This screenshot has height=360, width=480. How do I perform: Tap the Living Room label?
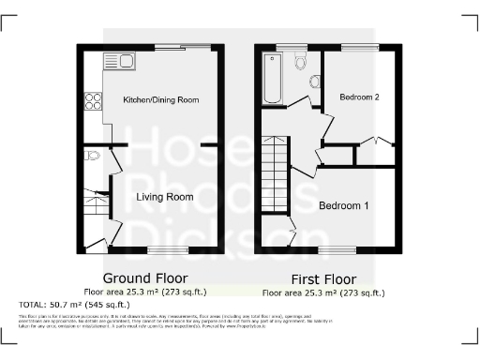click(x=164, y=197)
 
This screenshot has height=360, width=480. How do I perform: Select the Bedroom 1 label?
click(x=343, y=205)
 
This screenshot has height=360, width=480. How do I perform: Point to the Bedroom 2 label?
click(x=358, y=97)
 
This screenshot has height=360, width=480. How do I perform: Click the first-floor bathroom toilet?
click(x=300, y=61)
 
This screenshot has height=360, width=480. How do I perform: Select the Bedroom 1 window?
click(x=338, y=249)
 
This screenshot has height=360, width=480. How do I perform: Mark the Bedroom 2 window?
click(x=359, y=47)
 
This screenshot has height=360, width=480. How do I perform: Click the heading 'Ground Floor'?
click(x=144, y=278)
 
